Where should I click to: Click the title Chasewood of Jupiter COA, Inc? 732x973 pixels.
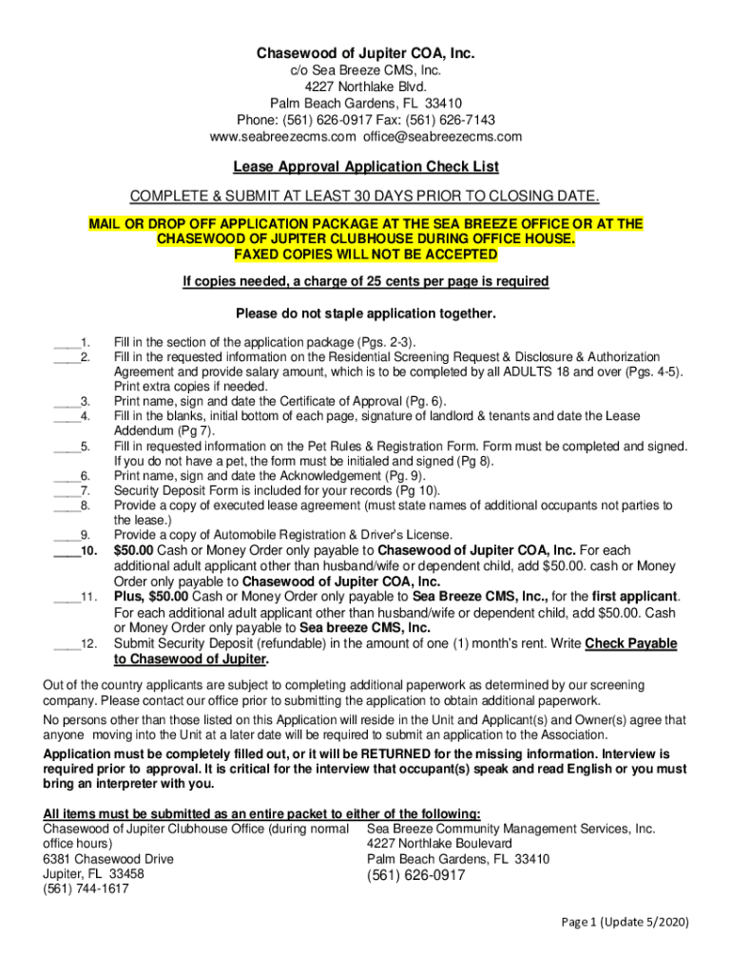coord(366,53)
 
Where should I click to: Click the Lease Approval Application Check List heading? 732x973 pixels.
coord(366,167)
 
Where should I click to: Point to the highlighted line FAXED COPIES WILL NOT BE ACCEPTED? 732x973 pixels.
coord(366,256)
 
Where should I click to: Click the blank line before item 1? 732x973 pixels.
coord(66,343)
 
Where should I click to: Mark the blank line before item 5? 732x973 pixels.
coord(66,447)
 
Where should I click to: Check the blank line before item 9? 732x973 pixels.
coord(66,535)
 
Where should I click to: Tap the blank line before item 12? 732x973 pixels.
coord(66,644)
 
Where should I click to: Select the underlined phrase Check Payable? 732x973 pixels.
coord(631,644)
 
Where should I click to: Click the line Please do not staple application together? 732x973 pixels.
coord(366,314)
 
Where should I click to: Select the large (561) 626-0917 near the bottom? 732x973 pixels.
coord(415,875)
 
